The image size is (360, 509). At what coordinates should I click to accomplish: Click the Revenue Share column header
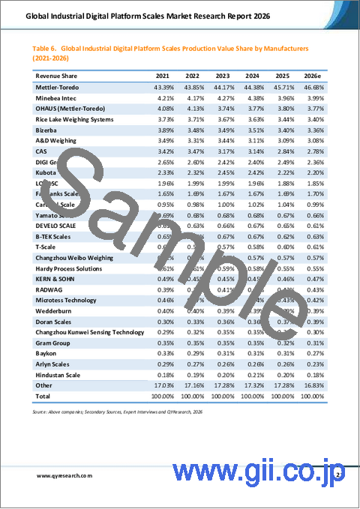52,76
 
